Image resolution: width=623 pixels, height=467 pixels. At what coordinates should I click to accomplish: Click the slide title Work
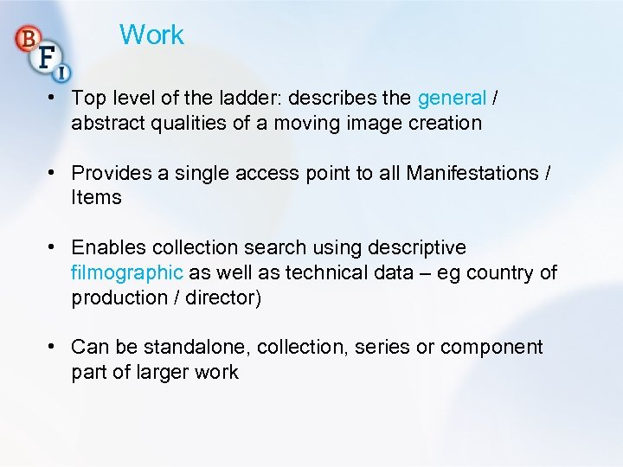click(151, 35)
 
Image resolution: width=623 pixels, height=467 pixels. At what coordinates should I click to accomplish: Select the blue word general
click(452, 98)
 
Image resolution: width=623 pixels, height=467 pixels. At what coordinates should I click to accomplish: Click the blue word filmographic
click(127, 272)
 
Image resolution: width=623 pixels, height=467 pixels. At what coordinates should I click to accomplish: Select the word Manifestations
click(472, 173)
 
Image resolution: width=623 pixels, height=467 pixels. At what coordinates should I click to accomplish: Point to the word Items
click(96, 197)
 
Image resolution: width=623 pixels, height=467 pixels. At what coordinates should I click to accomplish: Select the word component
click(491, 348)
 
